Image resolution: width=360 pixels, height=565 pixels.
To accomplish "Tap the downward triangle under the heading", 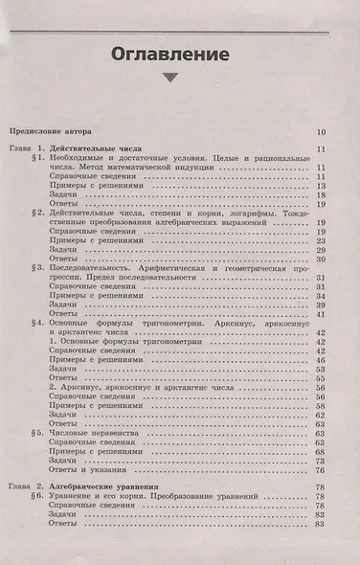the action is pyautogui.click(x=169, y=79).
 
